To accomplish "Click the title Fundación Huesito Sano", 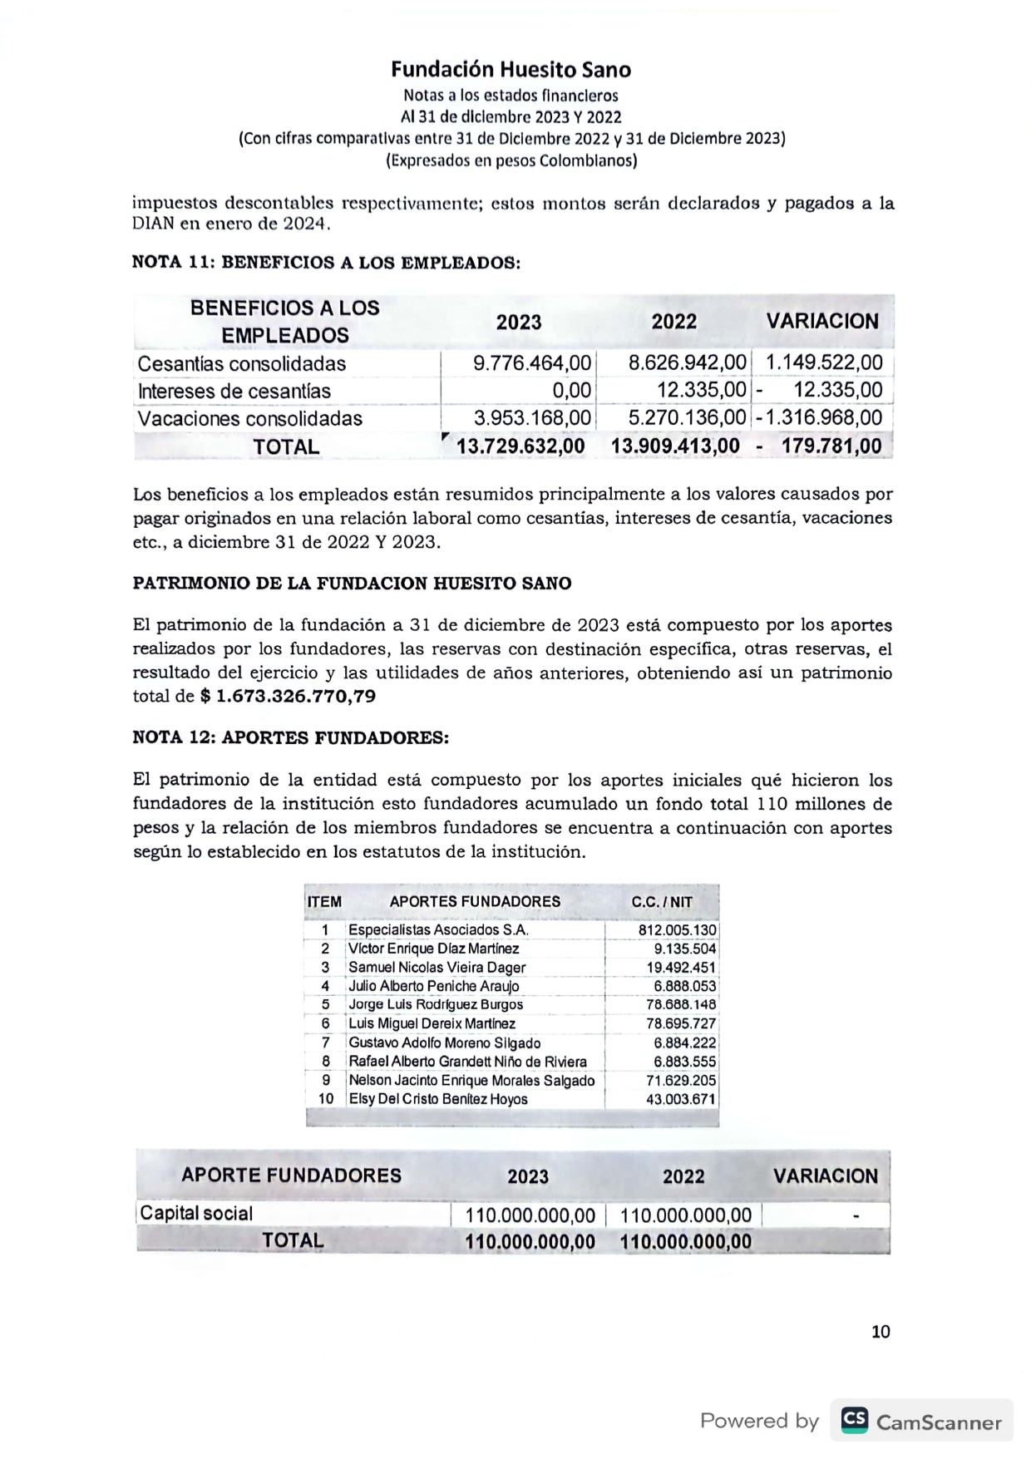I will point(511,69).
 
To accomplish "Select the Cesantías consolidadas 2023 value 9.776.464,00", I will point(532,363).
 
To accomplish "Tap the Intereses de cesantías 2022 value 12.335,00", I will point(701,391).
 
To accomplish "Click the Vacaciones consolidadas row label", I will point(249,418).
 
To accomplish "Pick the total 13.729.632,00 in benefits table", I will point(520,446).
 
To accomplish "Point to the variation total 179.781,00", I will point(831,446).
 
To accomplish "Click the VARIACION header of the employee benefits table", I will point(822,321).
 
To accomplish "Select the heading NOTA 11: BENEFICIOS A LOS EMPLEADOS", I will point(326,263).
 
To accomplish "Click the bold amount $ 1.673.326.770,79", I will point(288,696).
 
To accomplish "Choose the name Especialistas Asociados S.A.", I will point(438,930).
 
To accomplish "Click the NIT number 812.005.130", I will point(677,930).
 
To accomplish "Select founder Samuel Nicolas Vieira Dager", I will point(437,968).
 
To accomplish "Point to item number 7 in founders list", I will point(326,1042).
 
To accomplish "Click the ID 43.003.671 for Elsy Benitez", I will point(680,1099).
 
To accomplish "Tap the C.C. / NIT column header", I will point(662,902).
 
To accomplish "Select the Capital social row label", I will point(196,1213).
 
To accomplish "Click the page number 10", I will point(881,1332).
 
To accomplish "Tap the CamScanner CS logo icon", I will point(854,1420).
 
